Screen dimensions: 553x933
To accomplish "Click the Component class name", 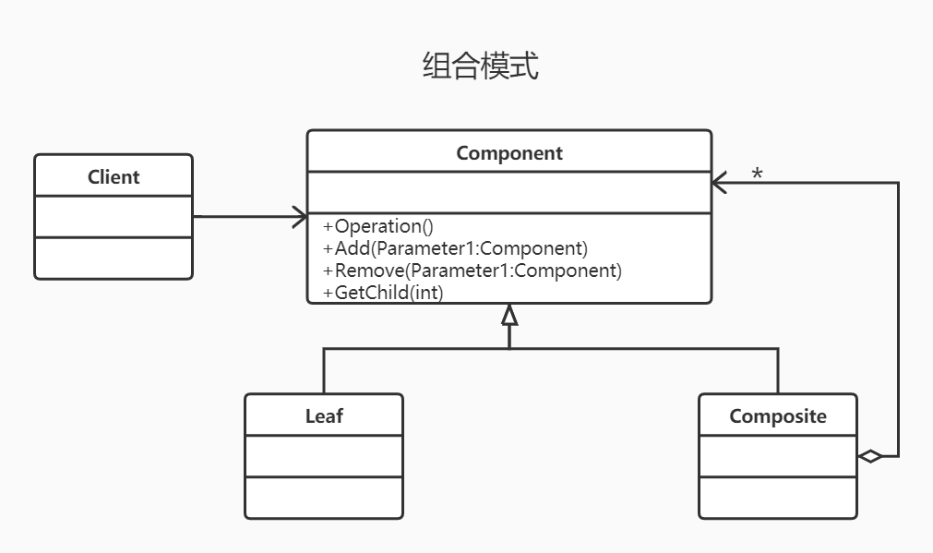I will [x=508, y=153].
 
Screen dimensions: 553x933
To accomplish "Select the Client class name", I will [x=114, y=176].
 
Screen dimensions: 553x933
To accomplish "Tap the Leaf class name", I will [x=324, y=416].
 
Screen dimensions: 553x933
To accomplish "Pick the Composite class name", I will [x=778, y=416].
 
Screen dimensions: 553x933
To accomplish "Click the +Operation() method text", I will [x=378, y=226].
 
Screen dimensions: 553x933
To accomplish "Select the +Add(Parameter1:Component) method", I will [x=455, y=248].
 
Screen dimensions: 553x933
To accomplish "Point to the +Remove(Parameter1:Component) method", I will [x=472, y=270].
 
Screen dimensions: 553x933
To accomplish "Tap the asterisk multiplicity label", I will [x=757, y=174].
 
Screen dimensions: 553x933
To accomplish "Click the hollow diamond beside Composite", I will [x=870, y=456].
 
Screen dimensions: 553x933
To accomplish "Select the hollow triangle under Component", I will [x=509, y=316].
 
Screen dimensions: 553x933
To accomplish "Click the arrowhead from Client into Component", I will [x=299, y=217].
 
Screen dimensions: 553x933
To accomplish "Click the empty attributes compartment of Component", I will [x=508, y=193].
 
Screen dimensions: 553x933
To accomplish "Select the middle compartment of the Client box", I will [x=114, y=217].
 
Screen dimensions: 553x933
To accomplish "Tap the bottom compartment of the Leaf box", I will [x=324, y=498].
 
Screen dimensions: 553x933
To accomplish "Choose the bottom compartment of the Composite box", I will [x=778, y=498].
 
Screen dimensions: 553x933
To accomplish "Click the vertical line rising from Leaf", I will [x=324, y=371].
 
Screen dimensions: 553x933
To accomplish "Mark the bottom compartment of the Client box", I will [x=114, y=258].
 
